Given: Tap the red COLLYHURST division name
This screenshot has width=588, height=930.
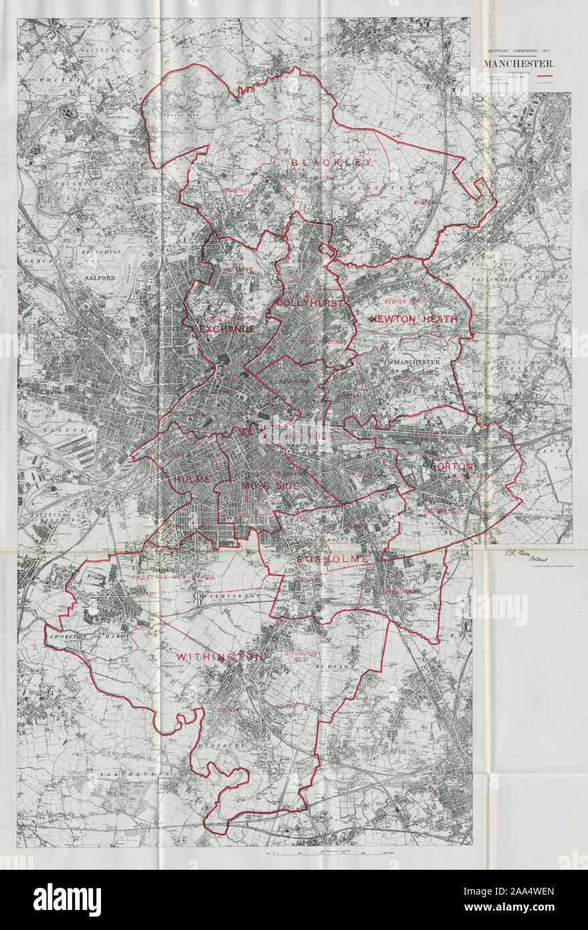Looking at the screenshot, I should [x=310, y=304].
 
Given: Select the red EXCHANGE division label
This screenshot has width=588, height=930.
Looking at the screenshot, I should [x=227, y=329].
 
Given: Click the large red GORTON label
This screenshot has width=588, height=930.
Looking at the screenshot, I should [x=452, y=466].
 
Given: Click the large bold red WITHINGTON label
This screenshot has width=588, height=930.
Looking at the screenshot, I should [x=219, y=658].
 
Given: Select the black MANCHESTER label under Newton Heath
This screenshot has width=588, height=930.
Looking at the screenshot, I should [x=416, y=362].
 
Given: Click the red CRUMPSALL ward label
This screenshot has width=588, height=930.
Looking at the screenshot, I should [x=239, y=191].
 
